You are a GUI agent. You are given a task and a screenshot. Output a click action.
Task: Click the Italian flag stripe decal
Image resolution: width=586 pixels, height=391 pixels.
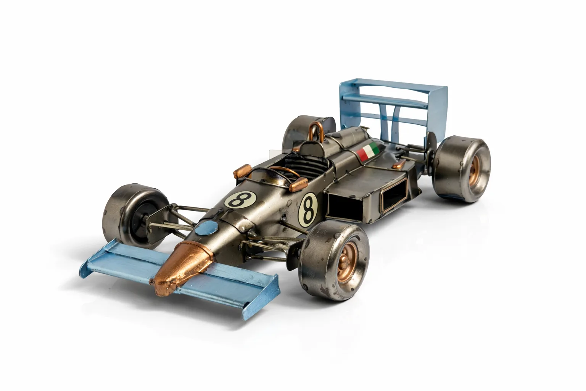pos(368,151)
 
